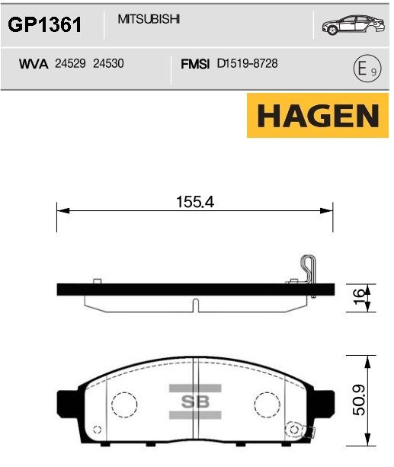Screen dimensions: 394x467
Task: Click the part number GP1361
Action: point(45,24)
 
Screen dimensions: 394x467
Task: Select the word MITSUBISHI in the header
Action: point(149,19)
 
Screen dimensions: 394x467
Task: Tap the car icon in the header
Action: point(353,24)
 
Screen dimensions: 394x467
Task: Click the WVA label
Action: point(34,64)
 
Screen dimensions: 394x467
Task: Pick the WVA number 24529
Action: point(70,63)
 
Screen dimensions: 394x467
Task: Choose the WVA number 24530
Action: point(108,63)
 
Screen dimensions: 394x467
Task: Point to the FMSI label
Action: point(195,64)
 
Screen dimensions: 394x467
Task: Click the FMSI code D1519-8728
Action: point(248,63)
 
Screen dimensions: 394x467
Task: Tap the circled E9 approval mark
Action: point(367,69)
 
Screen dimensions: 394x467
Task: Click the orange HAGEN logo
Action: point(318,115)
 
